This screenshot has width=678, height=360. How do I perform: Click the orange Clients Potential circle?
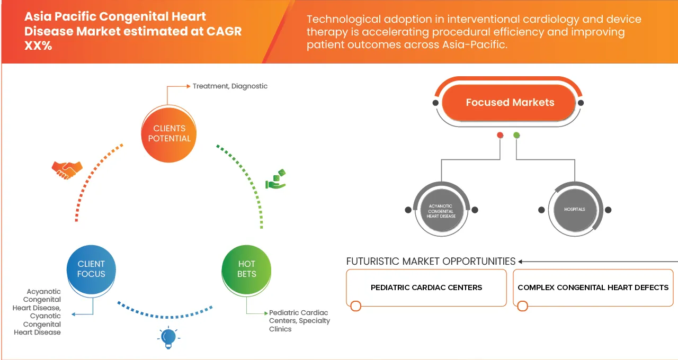coord(169,133)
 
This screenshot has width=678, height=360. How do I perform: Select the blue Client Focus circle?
coord(91,269)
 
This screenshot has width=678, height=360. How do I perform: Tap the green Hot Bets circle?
coord(246,269)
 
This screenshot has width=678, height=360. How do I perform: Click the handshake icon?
coord(67,169)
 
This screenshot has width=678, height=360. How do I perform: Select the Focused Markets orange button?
coord(510,103)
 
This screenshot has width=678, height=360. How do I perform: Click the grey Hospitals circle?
coord(574,210)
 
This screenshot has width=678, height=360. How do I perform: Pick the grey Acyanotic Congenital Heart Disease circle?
coord(441,210)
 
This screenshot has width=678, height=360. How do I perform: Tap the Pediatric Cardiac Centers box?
coord(426,287)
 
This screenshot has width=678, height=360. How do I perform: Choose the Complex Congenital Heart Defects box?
coord(593,287)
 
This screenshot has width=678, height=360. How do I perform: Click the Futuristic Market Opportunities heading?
coord(431,261)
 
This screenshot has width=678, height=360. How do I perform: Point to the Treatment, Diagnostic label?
coord(230,86)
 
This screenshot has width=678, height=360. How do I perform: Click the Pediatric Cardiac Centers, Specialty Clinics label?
coord(299,321)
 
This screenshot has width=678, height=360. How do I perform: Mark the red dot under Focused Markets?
coord(499,136)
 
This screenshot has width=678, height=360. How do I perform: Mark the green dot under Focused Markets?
coord(516,136)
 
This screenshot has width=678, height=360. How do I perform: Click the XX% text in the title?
coord(38,46)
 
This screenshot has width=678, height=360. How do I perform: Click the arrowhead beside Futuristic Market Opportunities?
coord(521,262)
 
